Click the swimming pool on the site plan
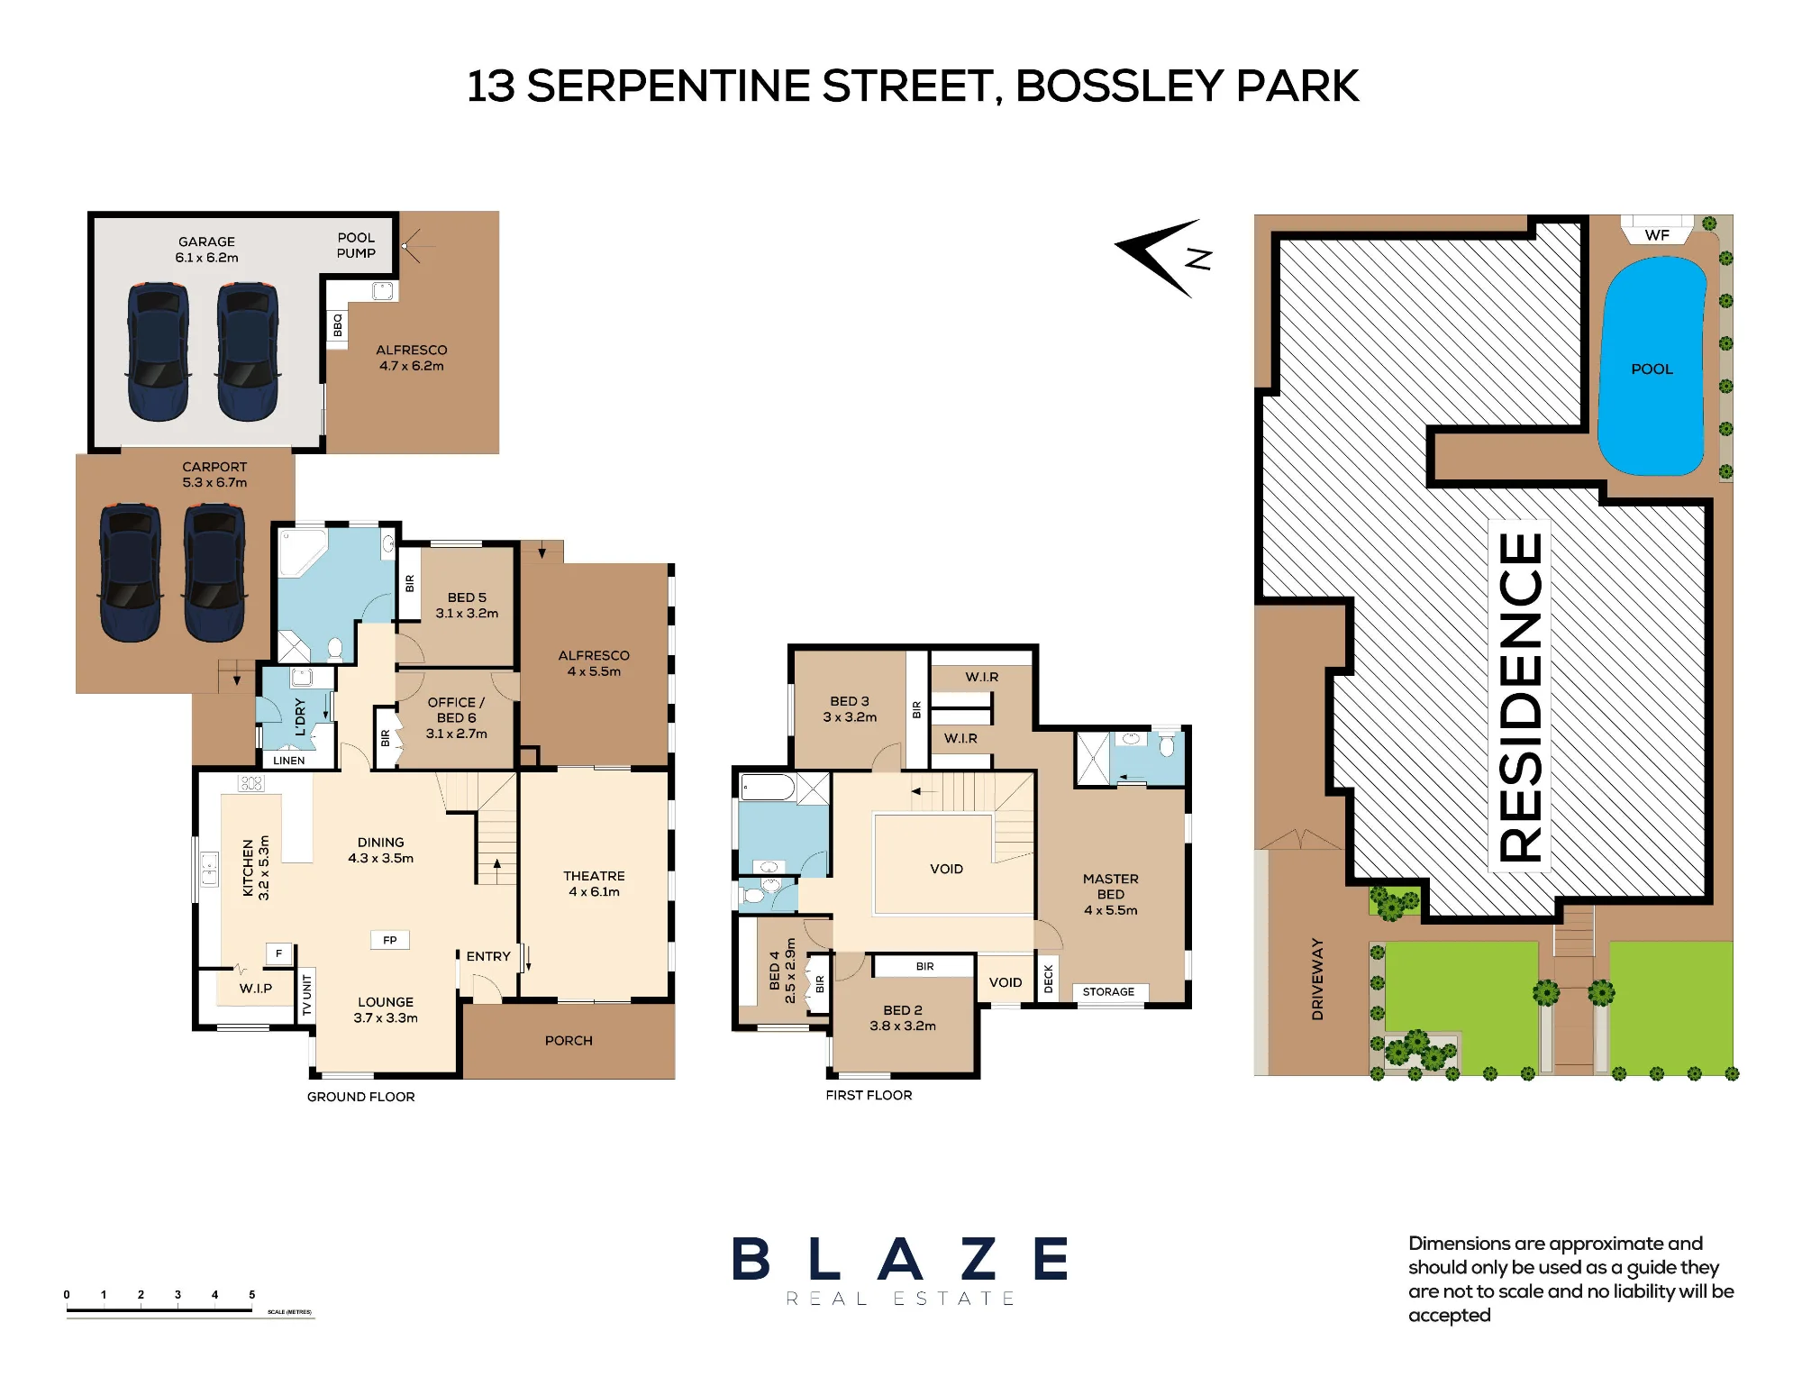[x=1652, y=366]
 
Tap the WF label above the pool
[x=1657, y=235]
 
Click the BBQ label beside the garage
[x=338, y=325]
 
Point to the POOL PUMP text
[x=356, y=245]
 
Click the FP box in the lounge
[x=390, y=940]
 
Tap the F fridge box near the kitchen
[x=279, y=953]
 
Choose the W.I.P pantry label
[x=256, y=989]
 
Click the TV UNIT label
[x=306, y=995]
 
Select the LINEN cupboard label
[x=289, y=761]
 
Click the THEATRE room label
[x=594, y=876]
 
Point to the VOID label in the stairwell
[x=946, y=869]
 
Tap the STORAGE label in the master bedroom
[x=1108, y=992]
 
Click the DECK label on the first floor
[x=1049, y=980]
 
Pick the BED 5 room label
[x=467, y=597]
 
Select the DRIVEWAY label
[x=1317, y=979]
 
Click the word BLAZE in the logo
[x=900, y=1259]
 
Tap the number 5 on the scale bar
[x=251, y=1295]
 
